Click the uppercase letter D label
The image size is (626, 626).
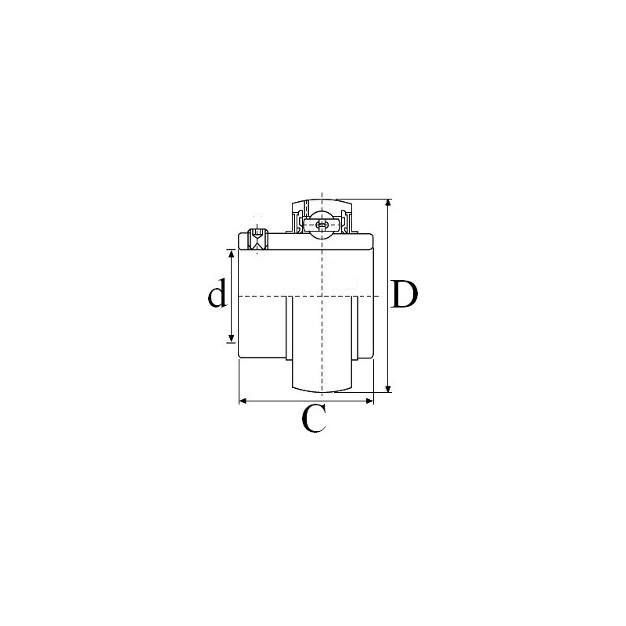[405, 295]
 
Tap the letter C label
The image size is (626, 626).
[313, 420]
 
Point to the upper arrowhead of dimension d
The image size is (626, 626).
[231, 254]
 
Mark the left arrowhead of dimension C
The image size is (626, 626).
[243, 401]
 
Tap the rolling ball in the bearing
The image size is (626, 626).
[321, 225]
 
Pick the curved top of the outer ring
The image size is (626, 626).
[322, 200]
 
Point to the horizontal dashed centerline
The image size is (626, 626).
[266, 297]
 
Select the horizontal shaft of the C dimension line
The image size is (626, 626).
[282, 401]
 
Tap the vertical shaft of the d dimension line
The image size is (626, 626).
[231, 313]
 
